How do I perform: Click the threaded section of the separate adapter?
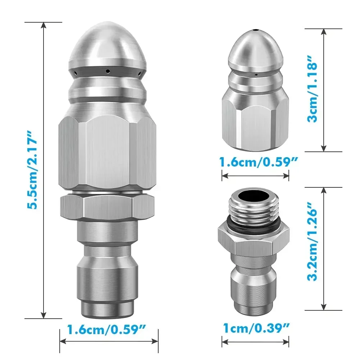[x=254, y=212]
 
